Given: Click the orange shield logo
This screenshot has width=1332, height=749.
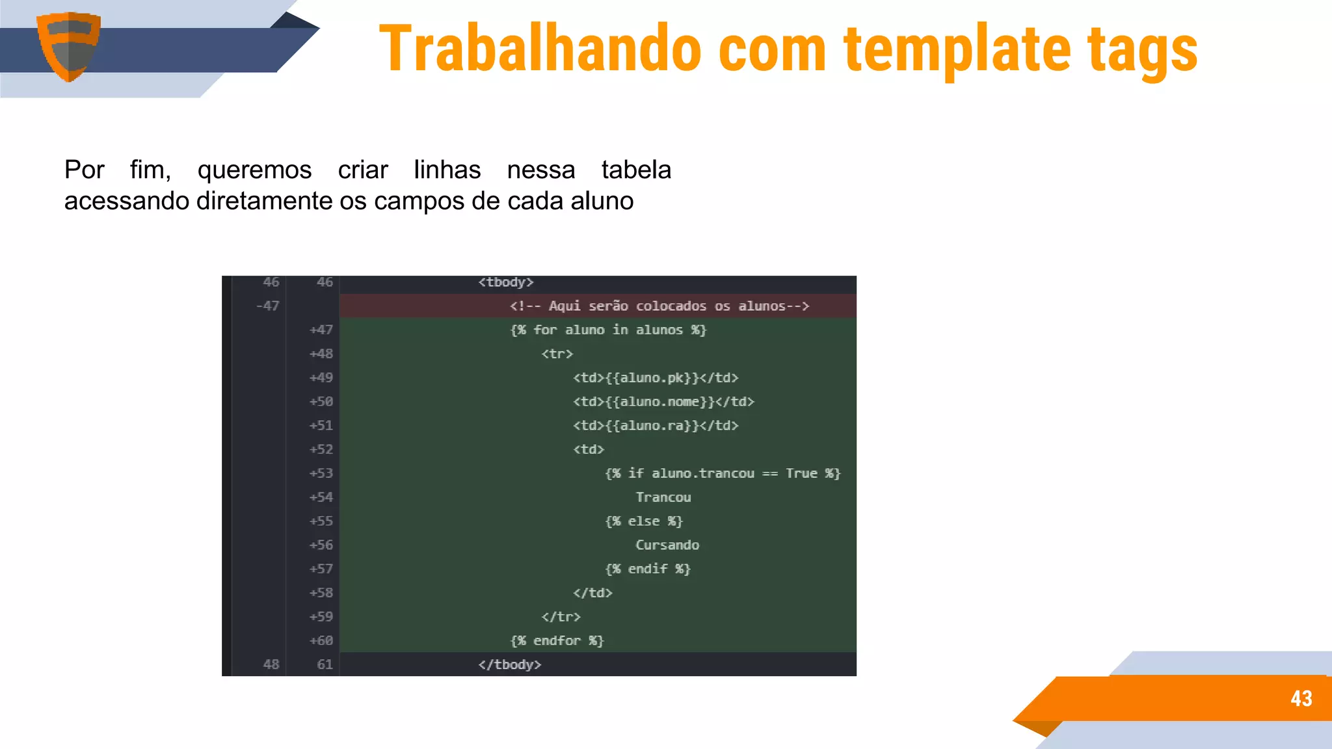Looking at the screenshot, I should pos(68,46).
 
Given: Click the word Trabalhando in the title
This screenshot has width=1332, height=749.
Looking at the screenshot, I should pos(540,49).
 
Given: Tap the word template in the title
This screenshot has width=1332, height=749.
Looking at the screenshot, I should pos(957,49).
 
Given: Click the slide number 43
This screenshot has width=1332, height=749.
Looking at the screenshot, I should pos(1301,698).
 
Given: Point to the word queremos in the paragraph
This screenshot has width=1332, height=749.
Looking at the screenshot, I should pos(254,170).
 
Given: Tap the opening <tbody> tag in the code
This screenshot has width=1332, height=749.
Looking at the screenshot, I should pos(506,282).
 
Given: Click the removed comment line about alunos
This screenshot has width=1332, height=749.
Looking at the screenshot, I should pos(659,306).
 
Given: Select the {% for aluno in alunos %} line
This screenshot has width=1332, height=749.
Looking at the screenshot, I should pos(608,330).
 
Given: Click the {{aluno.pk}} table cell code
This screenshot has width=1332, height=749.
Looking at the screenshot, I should pos(656,378).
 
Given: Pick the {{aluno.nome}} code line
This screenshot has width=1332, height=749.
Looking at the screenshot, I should pos(663,402).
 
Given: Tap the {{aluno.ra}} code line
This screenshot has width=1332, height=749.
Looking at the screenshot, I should pos(656,426).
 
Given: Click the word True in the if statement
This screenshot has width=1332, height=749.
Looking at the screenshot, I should pos(801,473).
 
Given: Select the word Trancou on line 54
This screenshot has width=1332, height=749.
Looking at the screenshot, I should pos(663,497).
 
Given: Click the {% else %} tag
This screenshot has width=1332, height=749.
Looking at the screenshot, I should pos(644,521).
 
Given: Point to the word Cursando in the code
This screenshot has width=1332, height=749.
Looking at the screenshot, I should pos(667,545).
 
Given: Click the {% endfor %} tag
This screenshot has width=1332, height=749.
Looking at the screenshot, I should pos(557,640).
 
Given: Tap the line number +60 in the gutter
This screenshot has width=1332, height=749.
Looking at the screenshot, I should pos(321,640).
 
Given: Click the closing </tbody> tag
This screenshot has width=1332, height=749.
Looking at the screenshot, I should pos(510,664).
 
